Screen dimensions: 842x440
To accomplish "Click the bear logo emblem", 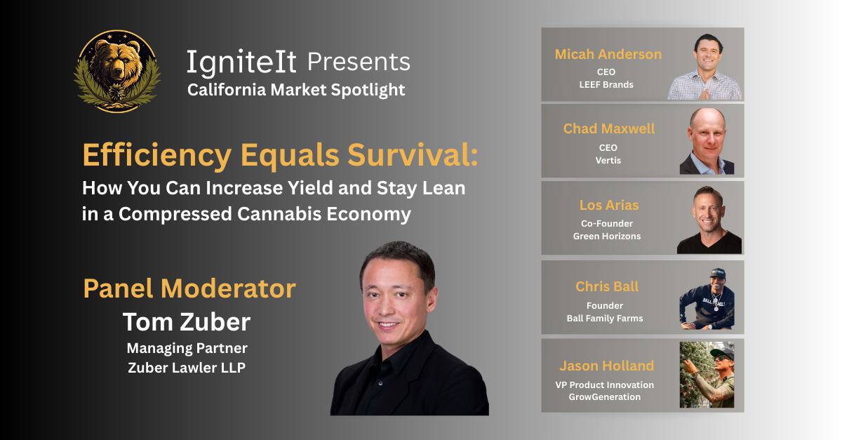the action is pos(117,72).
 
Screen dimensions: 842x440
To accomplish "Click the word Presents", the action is pos(359,62).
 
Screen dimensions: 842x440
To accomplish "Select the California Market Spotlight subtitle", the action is pos(296,90).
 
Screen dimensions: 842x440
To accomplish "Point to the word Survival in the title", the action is pos(413,154).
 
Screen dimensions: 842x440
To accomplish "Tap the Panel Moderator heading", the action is pos(189,288).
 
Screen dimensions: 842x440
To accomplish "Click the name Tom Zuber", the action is pos(187,322).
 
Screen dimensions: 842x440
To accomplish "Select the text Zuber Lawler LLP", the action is pos(187,368).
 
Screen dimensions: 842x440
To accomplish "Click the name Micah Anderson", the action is pos(608,54).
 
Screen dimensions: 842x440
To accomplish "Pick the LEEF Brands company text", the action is pos(606,85).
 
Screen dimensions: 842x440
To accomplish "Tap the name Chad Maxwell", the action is pos(609,128).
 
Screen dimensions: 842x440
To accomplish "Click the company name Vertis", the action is pos(608,160).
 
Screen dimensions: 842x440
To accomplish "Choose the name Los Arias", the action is pos(609,205).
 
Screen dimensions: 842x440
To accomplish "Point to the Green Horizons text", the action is pos(607,236).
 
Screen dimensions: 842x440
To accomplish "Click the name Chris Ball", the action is pos(607,286).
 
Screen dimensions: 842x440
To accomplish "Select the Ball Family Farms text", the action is pos(605,318).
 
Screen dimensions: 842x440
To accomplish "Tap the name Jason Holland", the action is pos(607,366).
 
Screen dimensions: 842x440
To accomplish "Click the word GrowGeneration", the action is pos(604,396).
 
